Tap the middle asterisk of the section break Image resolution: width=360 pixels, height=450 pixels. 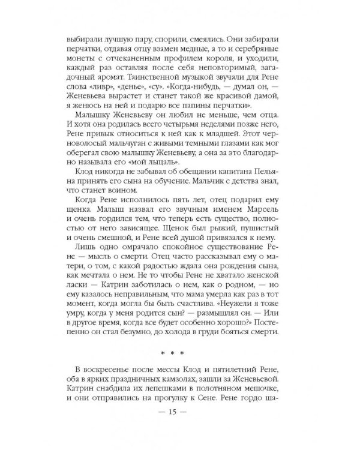[180, 352]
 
